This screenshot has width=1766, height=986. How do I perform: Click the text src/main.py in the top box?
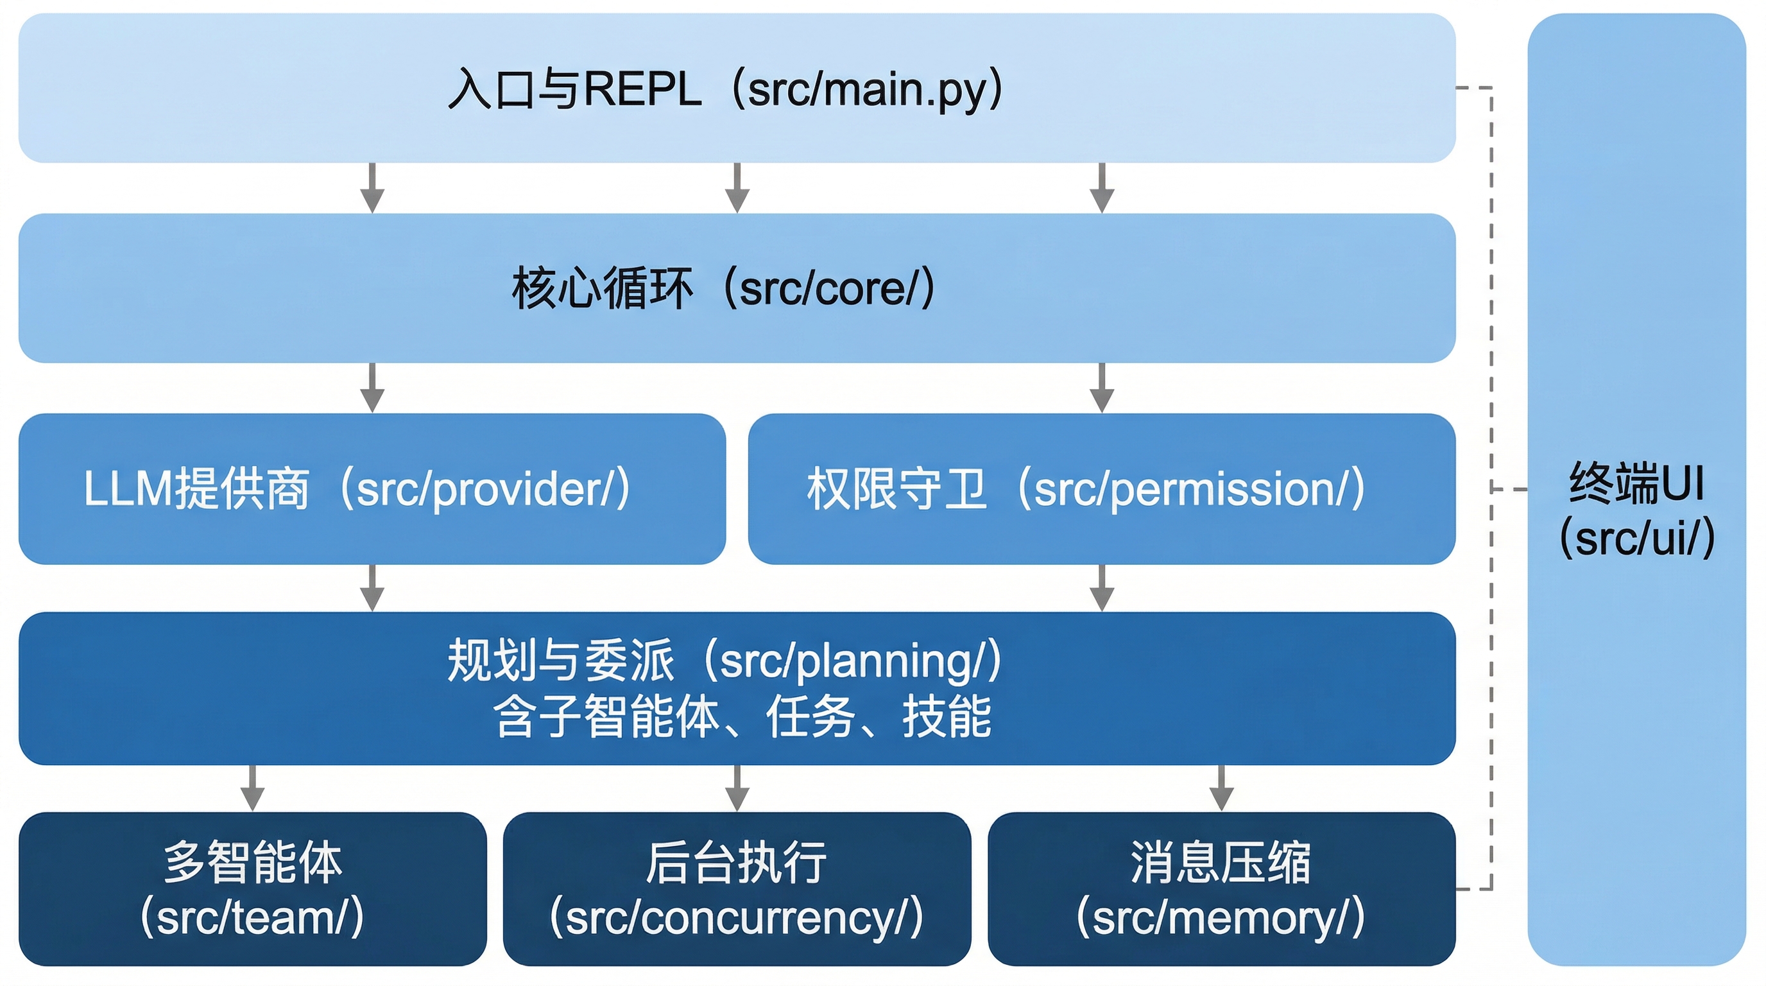pos(866,90)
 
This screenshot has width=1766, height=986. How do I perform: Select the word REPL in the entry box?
pos(642,90)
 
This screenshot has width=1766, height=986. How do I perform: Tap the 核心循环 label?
pos(602,289)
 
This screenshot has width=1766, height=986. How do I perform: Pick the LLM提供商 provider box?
pos(372,489)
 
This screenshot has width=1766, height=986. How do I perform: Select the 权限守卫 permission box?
pos(1101,489)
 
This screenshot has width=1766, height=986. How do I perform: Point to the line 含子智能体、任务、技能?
pos(742,716)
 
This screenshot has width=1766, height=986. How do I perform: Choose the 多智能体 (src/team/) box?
pos(252,888)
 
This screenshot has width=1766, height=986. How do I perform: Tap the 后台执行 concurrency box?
pos(736,888)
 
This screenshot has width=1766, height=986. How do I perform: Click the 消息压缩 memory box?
pos(1221,888)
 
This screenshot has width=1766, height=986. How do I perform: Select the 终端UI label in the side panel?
pos(1636,484)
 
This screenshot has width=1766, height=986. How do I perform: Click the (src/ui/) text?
pos(1636,537)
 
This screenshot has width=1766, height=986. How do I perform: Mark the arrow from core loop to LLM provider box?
pos(372,388)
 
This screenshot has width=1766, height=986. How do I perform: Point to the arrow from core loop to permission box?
pos(1101,388)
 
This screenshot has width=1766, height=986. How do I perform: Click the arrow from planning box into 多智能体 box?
pos(252,788)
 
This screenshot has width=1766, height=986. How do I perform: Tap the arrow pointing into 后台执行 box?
pos(736,788)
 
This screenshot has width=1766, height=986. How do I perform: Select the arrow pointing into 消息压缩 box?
pos(1221,788)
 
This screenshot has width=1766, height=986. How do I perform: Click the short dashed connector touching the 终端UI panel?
pos(1509,489)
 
